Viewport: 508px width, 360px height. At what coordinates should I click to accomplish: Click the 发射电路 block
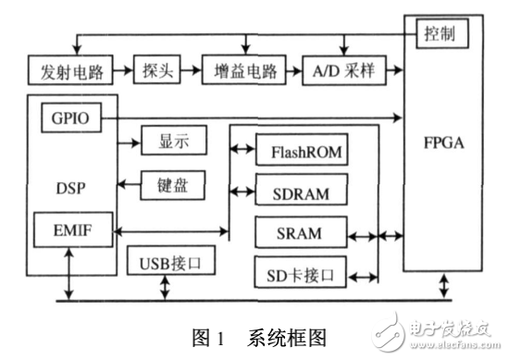pyautogui.click(x=71, y=70)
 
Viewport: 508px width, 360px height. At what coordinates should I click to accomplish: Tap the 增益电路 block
pyautogui.click(x=243, y=70)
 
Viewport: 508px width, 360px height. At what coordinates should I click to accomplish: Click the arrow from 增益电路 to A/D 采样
pyautogui.click(x=293, y=70)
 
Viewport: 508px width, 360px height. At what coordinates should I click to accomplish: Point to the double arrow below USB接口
pyautogui.click(x=165, y=288)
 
